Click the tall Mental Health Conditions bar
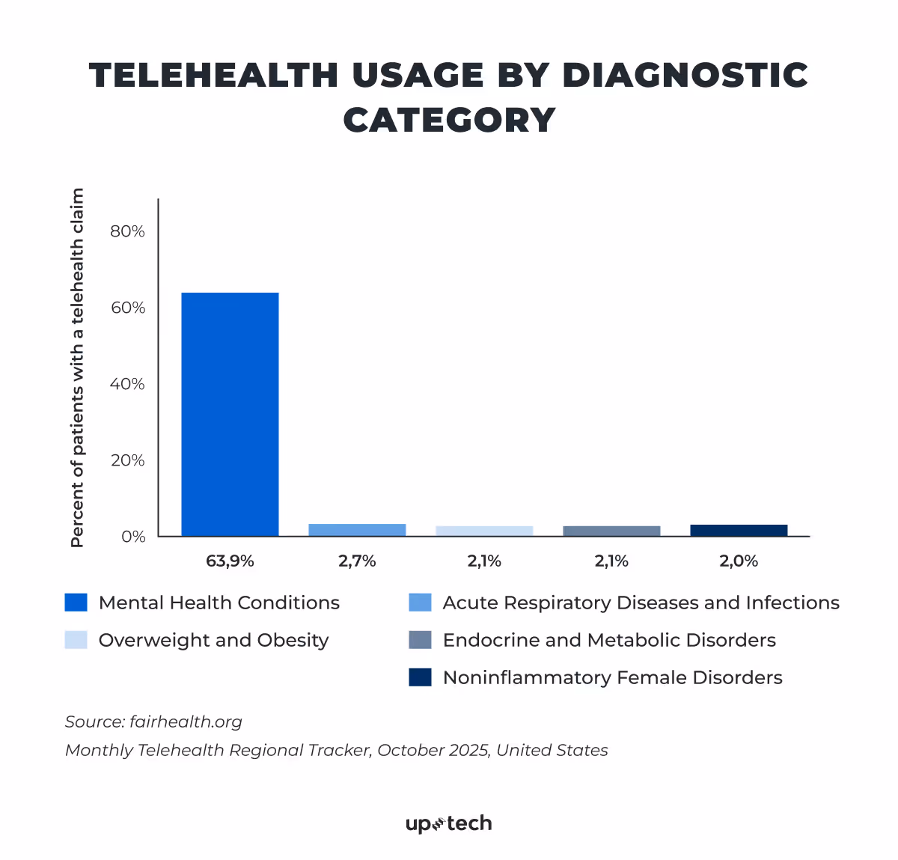click(x=230, y=414)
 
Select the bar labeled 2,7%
click(x=357, y=530)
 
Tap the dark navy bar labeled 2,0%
click(x=739, y=530)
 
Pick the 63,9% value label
click(x=230, y=561)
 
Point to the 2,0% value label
click(x=739, y=561)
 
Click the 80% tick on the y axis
click(x=127, y=231)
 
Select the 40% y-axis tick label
click(x=127, y=384)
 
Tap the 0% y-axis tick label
click(x=132, y=537)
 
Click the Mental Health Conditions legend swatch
click(x=76, y=603)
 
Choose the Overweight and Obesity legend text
click(x=213, y=641)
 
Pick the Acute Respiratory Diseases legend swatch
click(x=420, y=603)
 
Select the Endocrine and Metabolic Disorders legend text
click(x=609, y=641)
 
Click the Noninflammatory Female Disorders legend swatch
click(x=420, y=677)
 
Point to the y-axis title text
click(x=77, y=368)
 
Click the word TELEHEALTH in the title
click(x=214, y=76)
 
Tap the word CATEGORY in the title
click(x=449, y=121)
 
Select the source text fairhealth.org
click(x=186, y=722)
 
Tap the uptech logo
click(x=449, y=824)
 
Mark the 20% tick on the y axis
click(x=127, y=460)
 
